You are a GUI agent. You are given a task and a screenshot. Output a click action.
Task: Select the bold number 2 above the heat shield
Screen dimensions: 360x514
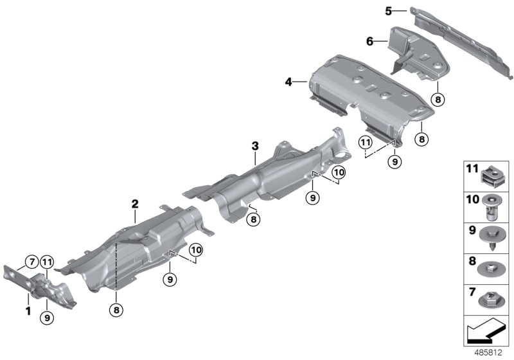(x=135, y=204)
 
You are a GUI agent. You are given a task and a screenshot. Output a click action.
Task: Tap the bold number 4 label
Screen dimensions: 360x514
(x=289, y=82)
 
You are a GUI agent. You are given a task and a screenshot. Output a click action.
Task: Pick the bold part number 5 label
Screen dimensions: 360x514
(x=388, y=11)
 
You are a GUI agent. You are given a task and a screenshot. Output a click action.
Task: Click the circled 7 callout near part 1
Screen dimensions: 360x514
(x=30, y=261)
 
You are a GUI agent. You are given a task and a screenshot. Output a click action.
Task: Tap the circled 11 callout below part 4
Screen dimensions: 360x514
(x=366, y=141)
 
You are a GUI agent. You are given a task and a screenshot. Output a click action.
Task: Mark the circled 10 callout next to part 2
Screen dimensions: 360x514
(x=195, y=249)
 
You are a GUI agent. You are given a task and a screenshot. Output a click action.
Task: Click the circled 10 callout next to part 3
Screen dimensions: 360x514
(x=339, y=172)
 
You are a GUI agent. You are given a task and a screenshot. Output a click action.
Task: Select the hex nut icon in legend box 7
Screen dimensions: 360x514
(x=491, y=298)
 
